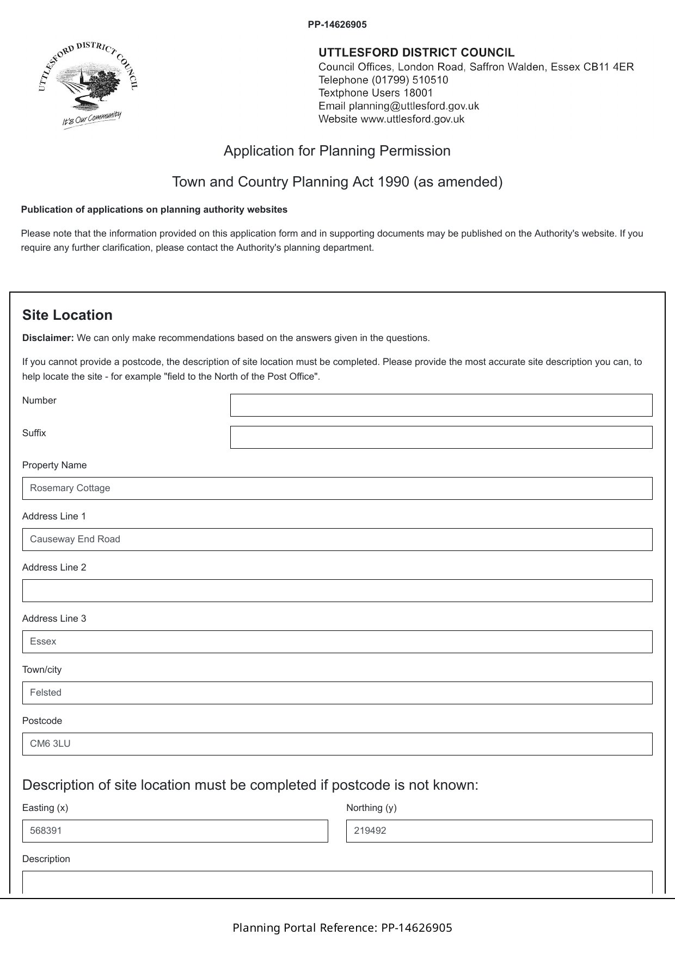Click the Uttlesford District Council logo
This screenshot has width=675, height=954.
coord(88,84)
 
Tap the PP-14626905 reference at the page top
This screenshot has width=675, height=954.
coord(337,24)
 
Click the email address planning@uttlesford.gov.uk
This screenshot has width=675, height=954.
coord(414,106)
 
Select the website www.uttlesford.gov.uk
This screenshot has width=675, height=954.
coord(412,119)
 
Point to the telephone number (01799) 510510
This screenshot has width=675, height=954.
coord(410,80)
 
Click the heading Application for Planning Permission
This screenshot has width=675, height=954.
coord(337,151)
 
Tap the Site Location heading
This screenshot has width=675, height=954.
coord(67,315)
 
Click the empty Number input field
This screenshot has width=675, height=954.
coord(441,405)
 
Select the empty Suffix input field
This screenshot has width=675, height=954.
coord(441,437)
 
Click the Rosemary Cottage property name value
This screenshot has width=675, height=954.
coord(70,488)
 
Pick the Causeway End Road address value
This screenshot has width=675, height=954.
coord(75,540)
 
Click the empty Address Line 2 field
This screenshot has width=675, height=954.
coord(337,591)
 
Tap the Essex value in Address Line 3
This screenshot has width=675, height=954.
coord(43,642)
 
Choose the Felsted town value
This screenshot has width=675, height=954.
coord(46,693)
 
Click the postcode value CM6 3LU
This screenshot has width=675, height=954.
coord(50,744)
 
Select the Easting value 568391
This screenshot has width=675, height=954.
coord(46,831)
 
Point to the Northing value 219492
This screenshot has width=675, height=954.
coord(370,831)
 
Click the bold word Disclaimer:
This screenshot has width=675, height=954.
coord(48,338)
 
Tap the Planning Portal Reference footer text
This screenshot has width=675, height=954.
coord(342,928)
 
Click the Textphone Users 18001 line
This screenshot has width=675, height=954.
coord(376,93)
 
